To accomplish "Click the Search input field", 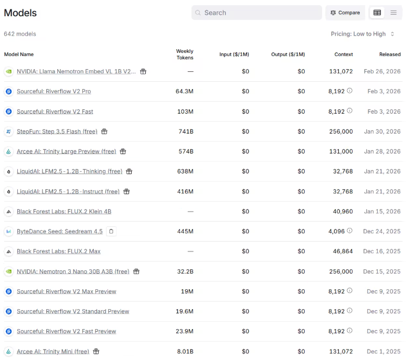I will (257, 13).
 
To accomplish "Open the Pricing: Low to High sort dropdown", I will (362, 34).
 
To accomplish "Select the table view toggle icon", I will (377, 13).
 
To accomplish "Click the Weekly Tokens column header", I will (185, 54).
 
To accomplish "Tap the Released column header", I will (390, 54).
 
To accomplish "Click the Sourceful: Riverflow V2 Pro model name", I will (54, 91).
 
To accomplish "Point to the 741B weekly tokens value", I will (186, 132).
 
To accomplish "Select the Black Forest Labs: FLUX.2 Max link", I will (58, 252).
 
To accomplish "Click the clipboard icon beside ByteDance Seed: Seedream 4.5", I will (111, 232).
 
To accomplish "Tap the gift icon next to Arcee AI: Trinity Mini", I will (96, 352).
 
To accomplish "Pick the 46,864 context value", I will (341, 252).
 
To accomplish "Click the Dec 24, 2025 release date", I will (382, 232).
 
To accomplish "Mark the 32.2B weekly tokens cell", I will (186, 271).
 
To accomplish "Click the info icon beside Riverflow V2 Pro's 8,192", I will (350, 91).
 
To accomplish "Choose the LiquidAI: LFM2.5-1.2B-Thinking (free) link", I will (69, 171).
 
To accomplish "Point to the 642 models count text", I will (20, 34).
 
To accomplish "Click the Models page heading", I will (20, 13).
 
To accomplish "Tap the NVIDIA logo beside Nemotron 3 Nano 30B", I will (8, 271).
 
